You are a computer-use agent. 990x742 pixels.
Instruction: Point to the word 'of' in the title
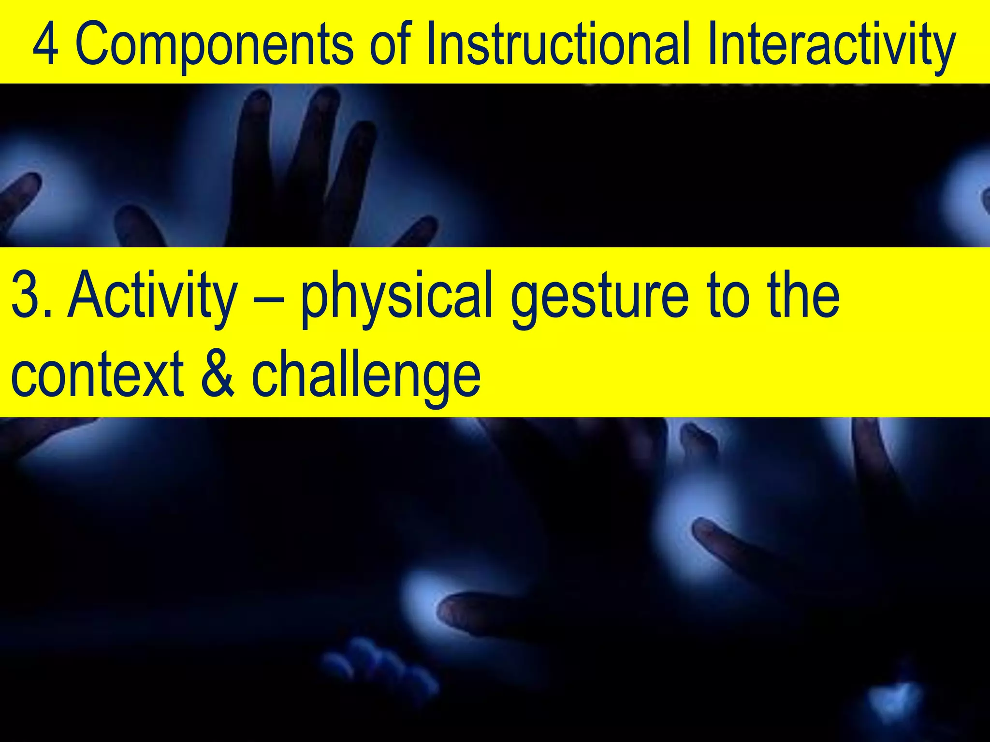tap(391, 44)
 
